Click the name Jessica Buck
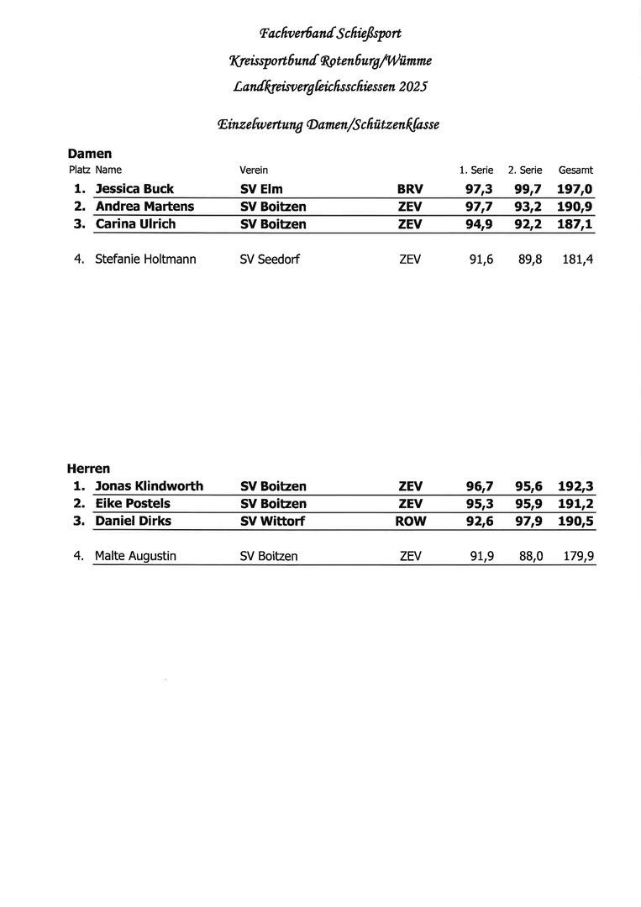tap(134, 189)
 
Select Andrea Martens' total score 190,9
tap(575, 207)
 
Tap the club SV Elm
tap(261, 189)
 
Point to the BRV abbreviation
tap(410, 189)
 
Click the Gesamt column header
tap(575, 170)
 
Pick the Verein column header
tap(254, 170)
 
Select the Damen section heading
tap(89, 154)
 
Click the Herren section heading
tap(88, 469)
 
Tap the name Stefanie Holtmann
tap(145, 260)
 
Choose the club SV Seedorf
tap(270, 260)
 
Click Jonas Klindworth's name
tap(149, 486)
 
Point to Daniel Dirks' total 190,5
tap(575, 522)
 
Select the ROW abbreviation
tap(410, 522)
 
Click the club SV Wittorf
tap(272, 522)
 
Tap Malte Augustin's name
tap(135, 556)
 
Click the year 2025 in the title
tap(413, 87)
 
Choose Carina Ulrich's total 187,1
tap(575, 224)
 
